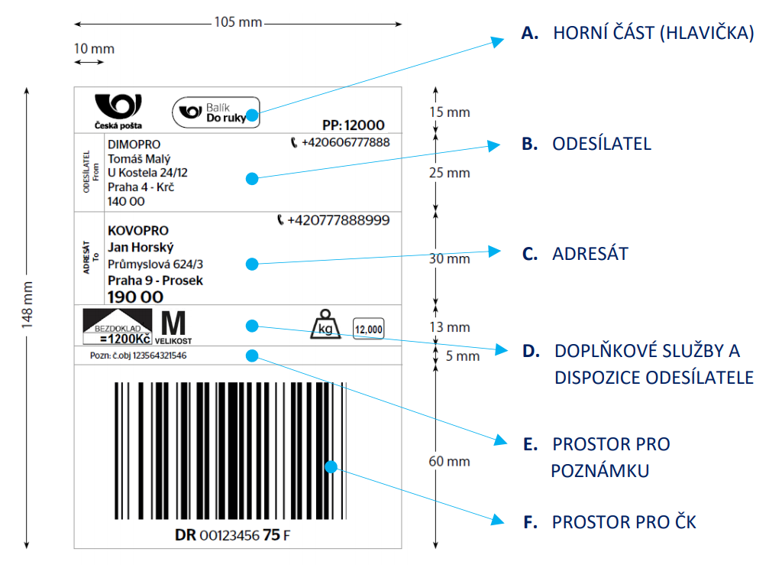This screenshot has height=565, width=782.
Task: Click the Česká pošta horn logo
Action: (118, 106)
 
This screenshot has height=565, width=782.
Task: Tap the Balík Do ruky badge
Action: (216, 112)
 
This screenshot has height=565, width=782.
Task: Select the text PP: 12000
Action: (353, 125)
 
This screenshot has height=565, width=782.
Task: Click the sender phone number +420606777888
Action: (340, 143)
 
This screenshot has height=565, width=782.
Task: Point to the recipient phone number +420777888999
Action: (333, 220)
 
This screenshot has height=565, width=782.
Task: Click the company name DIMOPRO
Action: (134, 144)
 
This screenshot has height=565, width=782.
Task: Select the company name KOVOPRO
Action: (138, 231)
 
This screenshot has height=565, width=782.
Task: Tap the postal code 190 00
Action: (136, 297)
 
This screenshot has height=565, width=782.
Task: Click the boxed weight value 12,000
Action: (369, 329)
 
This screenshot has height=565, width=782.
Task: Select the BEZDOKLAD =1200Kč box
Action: (117, 326)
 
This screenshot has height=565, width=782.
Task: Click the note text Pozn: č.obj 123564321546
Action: (138, 356)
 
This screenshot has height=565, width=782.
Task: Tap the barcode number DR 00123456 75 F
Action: (232, 535)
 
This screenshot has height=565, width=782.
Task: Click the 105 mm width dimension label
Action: (238, 22)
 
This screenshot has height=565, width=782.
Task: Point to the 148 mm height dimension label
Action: (27, 305)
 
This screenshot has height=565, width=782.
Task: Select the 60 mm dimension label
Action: (449, 461)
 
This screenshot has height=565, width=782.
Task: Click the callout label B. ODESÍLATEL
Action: (586, 144)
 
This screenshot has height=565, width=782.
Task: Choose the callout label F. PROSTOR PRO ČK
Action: (609, 522)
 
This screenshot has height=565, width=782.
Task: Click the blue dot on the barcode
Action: (331, 466)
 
